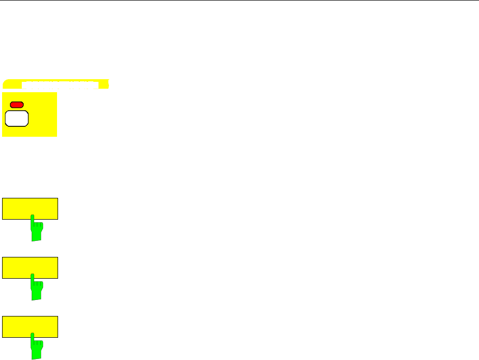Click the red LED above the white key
coord(17,105)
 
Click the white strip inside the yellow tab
coord(60,83)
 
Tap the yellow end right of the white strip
coord(104,84)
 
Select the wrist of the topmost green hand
coord(36,237)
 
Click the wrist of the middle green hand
coord(36,297)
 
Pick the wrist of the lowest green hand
coord(36,356)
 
